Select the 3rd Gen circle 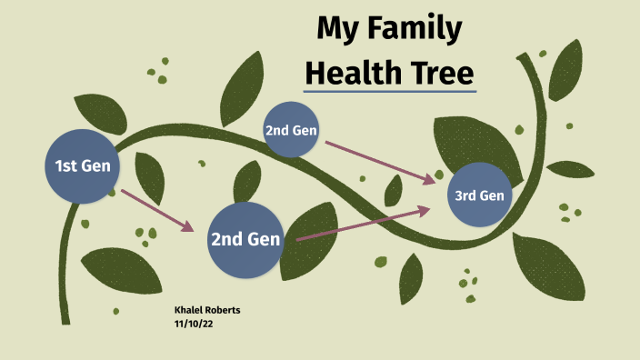(x=479, y=195)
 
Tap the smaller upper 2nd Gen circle (x=291, y=130)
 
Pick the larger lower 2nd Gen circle (x=245, y=240)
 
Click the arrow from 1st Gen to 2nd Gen (x=157, y=210)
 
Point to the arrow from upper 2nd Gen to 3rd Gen (x=380, y=162)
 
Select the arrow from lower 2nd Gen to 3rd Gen (x=362, y=224)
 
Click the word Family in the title (x=413, y=29)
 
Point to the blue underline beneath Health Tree (x=390, y=91)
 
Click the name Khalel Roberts (x=207, y=310)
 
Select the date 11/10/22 (x=194, y=323)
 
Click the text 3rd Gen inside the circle (x=479, y=195)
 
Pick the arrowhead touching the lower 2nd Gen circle (x=190, y=227)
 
